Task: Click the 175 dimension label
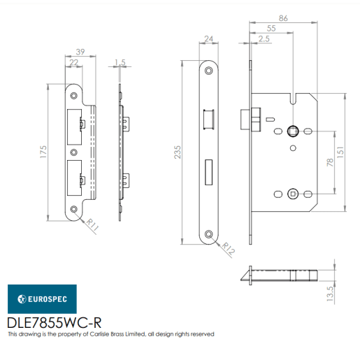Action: (43, 152)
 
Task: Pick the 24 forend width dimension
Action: (208, 39)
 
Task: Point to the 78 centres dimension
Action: (329, 162)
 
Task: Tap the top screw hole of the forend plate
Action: (208, 71)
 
